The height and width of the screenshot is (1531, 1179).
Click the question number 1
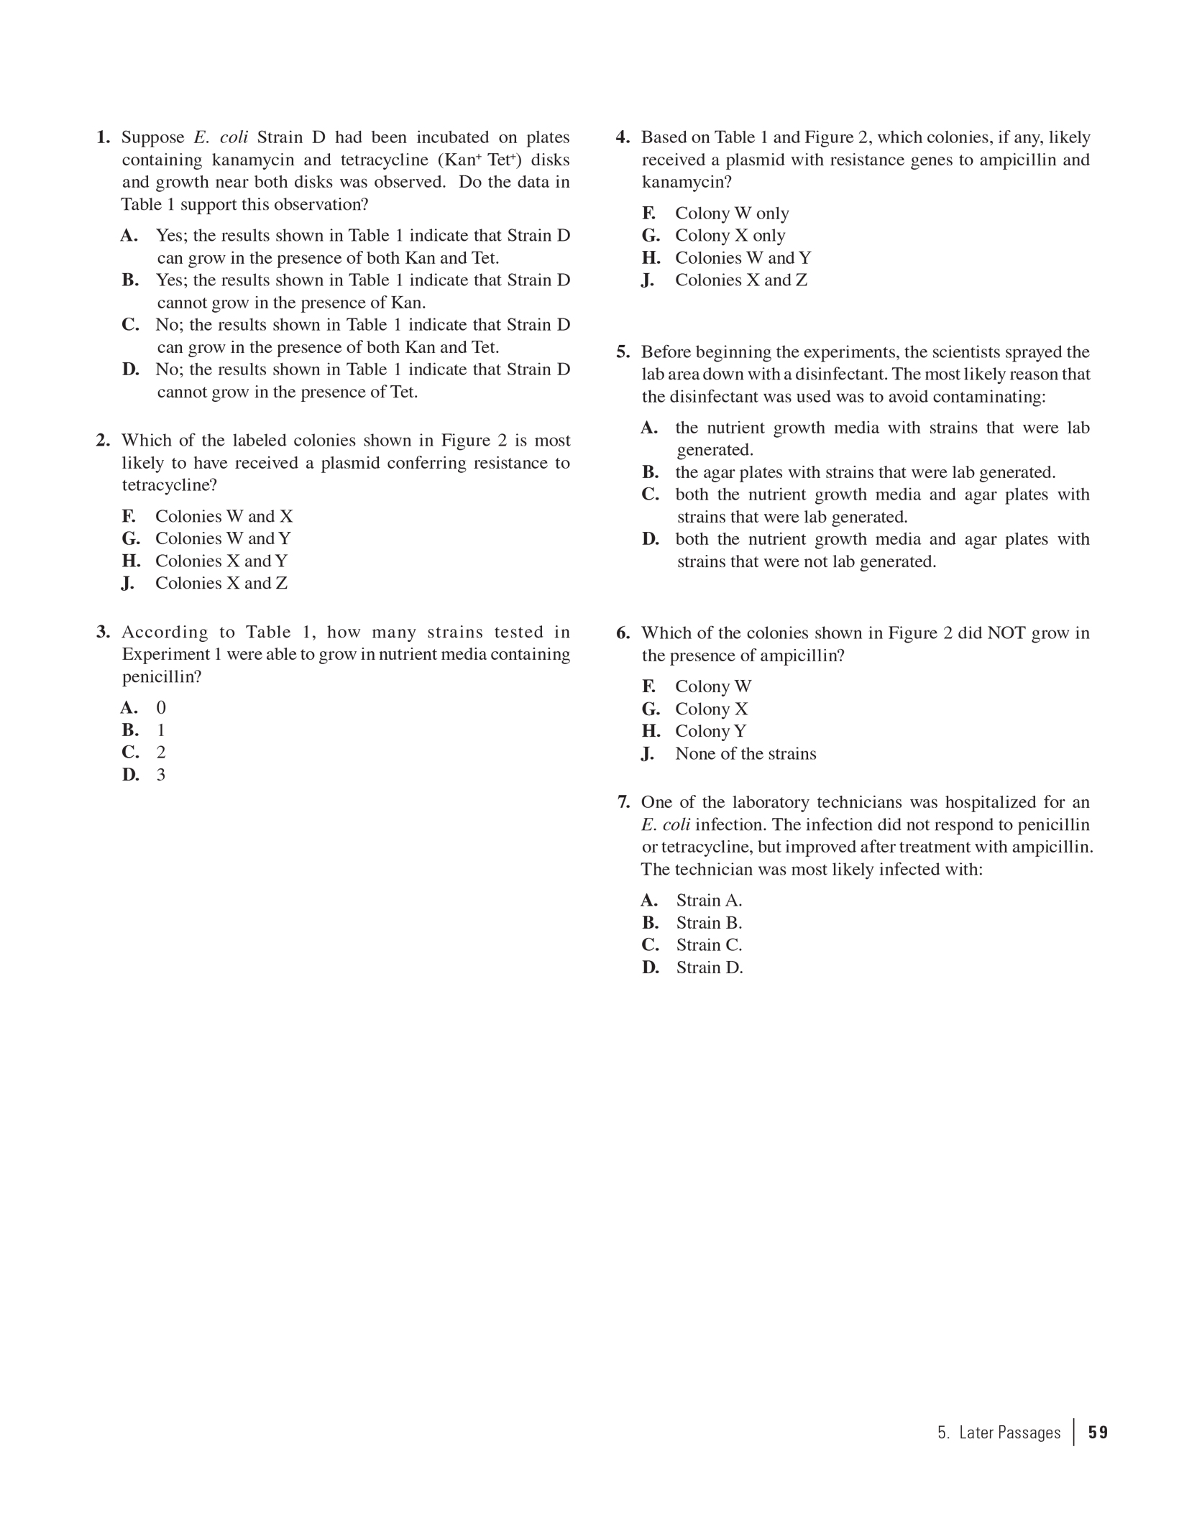(104, 137)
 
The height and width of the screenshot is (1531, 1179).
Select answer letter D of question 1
(130, 369)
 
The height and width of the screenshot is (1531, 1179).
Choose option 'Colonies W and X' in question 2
(224, 516)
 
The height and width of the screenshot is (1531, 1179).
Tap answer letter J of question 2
(128, 583)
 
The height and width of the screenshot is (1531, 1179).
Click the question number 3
(104, 632)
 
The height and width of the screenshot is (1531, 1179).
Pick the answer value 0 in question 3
(161, 708)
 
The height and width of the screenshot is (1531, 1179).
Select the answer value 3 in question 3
(161, 775)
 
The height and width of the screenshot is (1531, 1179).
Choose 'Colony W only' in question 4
(731, 213)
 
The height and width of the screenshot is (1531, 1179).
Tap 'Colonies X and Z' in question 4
(740, 280)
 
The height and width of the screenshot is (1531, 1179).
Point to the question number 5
(623, 352)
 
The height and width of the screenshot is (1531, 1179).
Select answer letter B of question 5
(650, 472)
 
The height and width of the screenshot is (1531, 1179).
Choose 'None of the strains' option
(746, 754)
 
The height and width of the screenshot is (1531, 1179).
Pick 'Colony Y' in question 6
(710, 732)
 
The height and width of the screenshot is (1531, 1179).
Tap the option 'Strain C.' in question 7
(709, 945)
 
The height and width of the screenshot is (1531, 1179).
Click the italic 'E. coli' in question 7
(666, 825)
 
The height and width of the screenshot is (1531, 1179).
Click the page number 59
(1098, 1433)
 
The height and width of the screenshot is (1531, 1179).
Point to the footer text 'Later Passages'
(1009, 1433)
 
